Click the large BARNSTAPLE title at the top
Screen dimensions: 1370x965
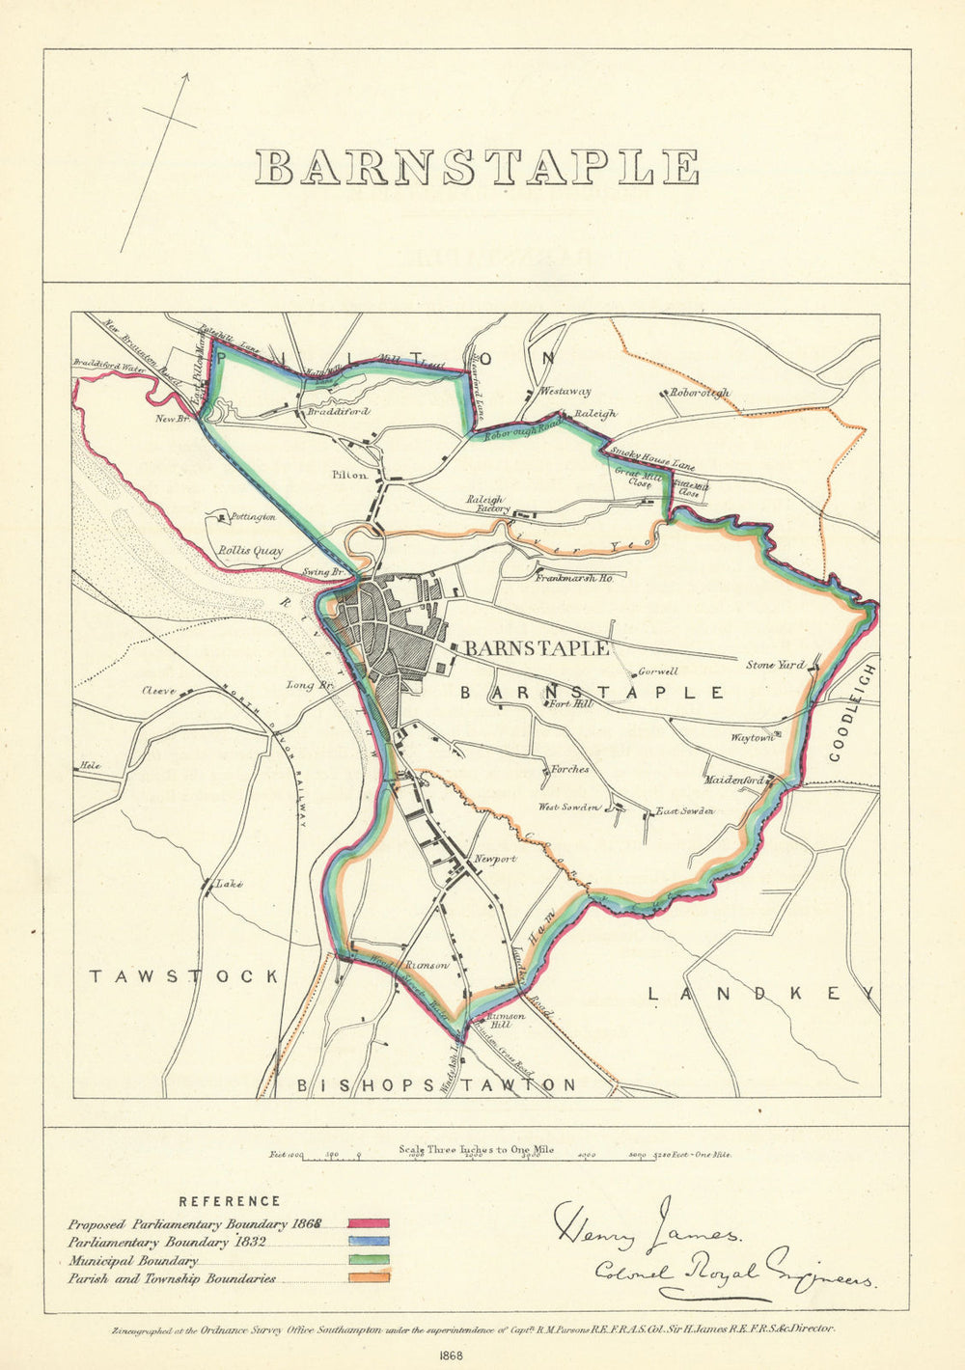(478, 167)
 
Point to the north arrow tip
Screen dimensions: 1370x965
(186, 75)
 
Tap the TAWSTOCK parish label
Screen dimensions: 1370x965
(184, 976)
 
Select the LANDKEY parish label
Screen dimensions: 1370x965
(761, 993)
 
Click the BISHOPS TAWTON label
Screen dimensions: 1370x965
(435, 1085)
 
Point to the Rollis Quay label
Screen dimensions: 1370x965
(249, 551)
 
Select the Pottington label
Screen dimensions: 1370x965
(253, 517)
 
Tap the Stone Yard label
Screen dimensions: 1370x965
(775, 665)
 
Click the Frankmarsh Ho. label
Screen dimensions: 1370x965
(576, 577)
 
